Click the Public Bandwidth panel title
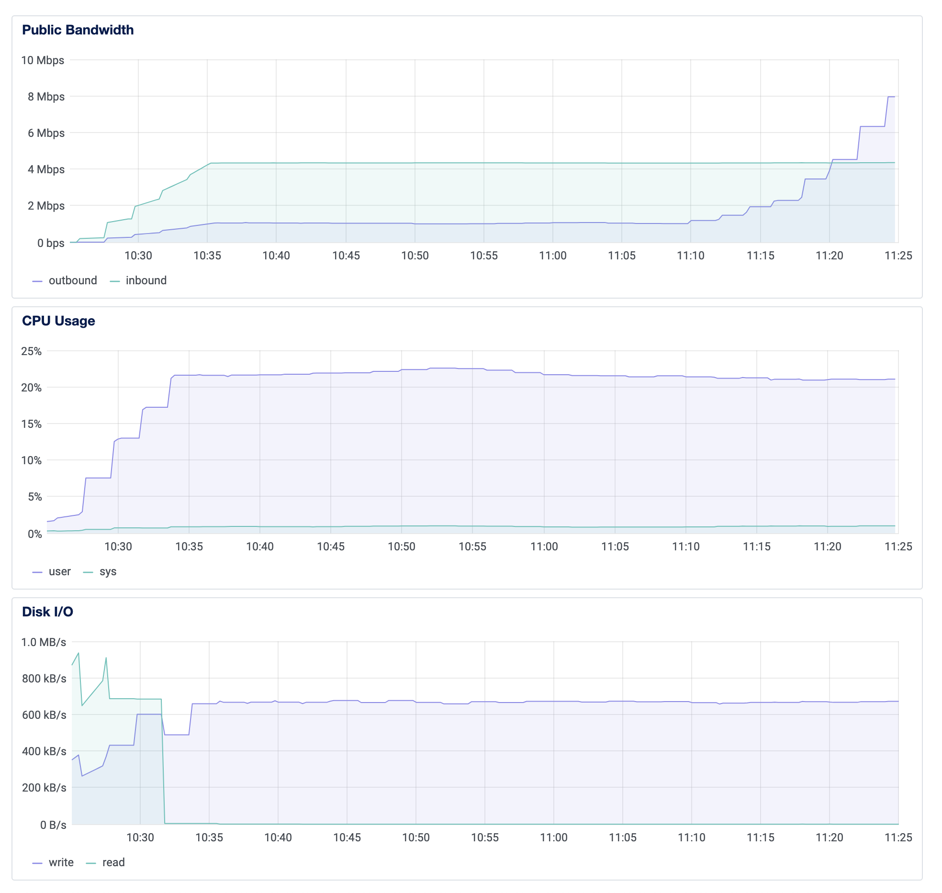click(78, 30)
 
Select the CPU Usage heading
click(58, 321)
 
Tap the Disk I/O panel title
click(47, 612)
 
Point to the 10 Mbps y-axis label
click(43, 60)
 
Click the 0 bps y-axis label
click(51, 243)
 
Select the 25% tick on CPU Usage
click(32, 351)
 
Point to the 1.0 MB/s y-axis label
click(44, 642)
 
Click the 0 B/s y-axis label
click(53, 825)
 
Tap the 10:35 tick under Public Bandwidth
click(207, 256)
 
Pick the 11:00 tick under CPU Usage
click(544, 547)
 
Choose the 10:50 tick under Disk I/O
click(416, 837)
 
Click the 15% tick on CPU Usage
click(32, 424)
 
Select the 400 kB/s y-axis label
click(44, 751)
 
